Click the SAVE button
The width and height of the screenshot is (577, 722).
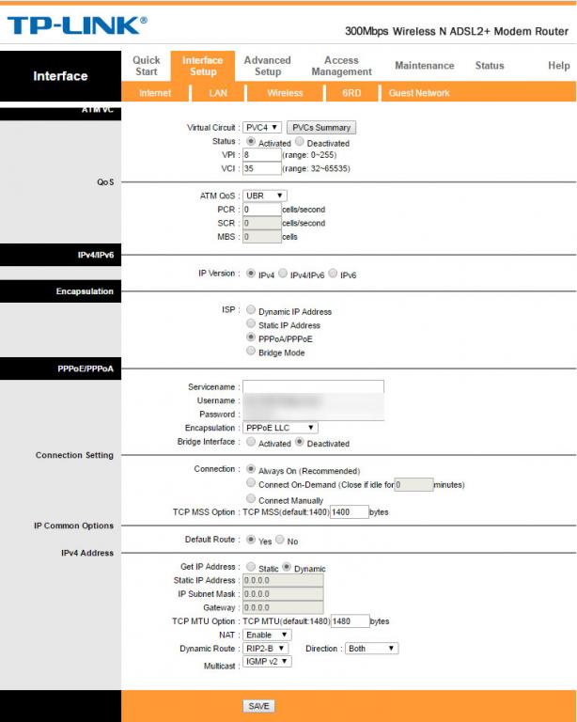tap(258, 706)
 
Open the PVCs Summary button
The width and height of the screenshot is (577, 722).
tap(321, 127)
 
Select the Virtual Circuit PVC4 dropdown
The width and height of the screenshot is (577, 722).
tap(262, 127)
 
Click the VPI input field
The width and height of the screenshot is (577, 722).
tap(261, 155)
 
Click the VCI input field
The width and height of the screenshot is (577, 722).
tap(261, 169)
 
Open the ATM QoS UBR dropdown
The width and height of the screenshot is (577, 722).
tap(265, 196)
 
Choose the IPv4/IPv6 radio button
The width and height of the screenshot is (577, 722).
tap(284, 275)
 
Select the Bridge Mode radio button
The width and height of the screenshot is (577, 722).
tap(251, 352)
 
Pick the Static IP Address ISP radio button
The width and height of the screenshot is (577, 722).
tap(251, 324)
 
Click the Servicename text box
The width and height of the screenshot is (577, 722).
tap(313, 386)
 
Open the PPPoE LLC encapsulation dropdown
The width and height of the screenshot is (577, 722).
tap(280, 428)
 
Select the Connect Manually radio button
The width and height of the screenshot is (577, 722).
tap(251, 499)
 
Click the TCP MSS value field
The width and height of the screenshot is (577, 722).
tap(349, 512)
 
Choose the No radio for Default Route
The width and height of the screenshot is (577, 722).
tap(280, 541)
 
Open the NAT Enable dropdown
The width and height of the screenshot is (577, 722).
tap(267, 635)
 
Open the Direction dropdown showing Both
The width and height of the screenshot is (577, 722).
tap(372, 649)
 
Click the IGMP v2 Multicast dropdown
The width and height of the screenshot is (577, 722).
tap(267, 662)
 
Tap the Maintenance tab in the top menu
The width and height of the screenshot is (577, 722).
tap(424, 66)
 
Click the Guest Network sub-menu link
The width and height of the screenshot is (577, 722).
tap(419, 93)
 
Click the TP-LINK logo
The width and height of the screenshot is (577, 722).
tap(77, 25)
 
